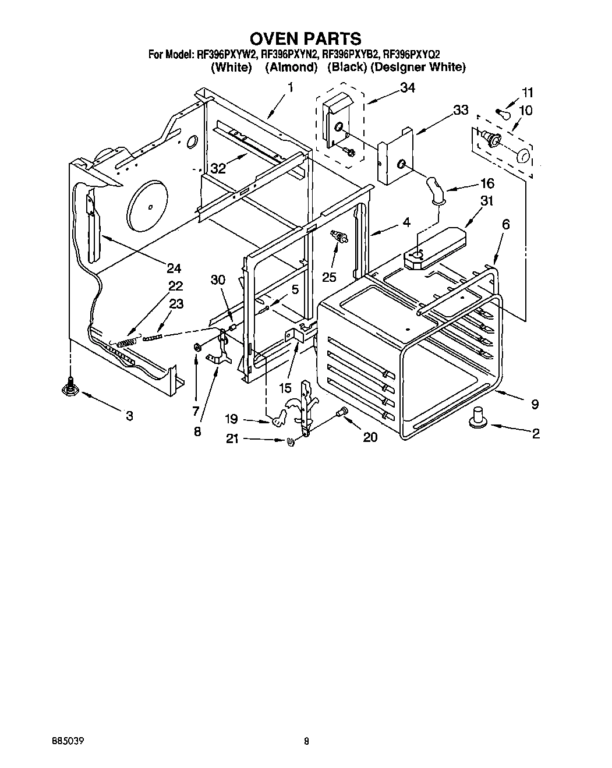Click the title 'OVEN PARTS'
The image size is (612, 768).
306,39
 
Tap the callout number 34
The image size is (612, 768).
408,88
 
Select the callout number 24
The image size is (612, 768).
174,268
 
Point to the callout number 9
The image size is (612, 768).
535,404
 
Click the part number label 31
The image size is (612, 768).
487,201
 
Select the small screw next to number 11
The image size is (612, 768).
500,111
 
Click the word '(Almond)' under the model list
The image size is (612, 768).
291,68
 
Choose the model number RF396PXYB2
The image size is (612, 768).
351,55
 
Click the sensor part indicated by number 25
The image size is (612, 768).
337,237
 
